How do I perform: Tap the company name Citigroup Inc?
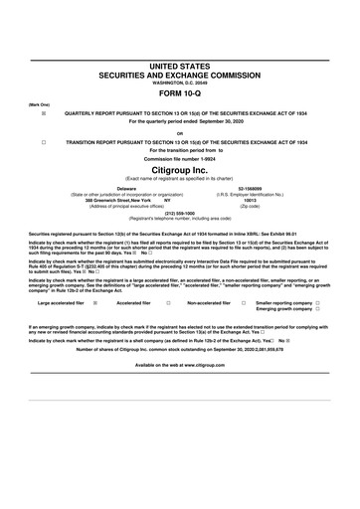[x=179, y=170]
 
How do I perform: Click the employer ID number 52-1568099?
[x=250, y=186]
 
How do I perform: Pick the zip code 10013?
[x=250, y=199]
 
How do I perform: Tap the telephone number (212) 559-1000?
[x=179, y=212]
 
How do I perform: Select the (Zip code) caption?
[x=250, y=205]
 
